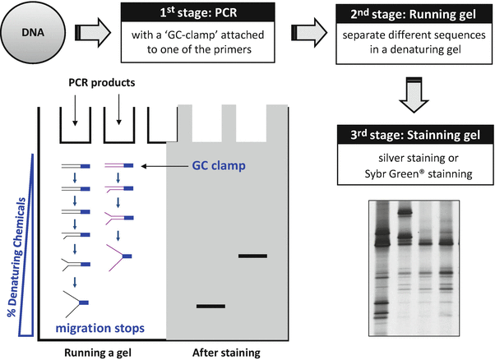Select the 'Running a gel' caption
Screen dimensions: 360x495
click(x=96, y=351)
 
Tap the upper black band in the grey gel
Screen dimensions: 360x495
click(x=252, y=256)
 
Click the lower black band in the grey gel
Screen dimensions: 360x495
click(x=210, y=307)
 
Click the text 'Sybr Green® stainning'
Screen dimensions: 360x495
click(x=415, y=173)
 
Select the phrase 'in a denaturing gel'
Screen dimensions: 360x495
click(x=416, y=53)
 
